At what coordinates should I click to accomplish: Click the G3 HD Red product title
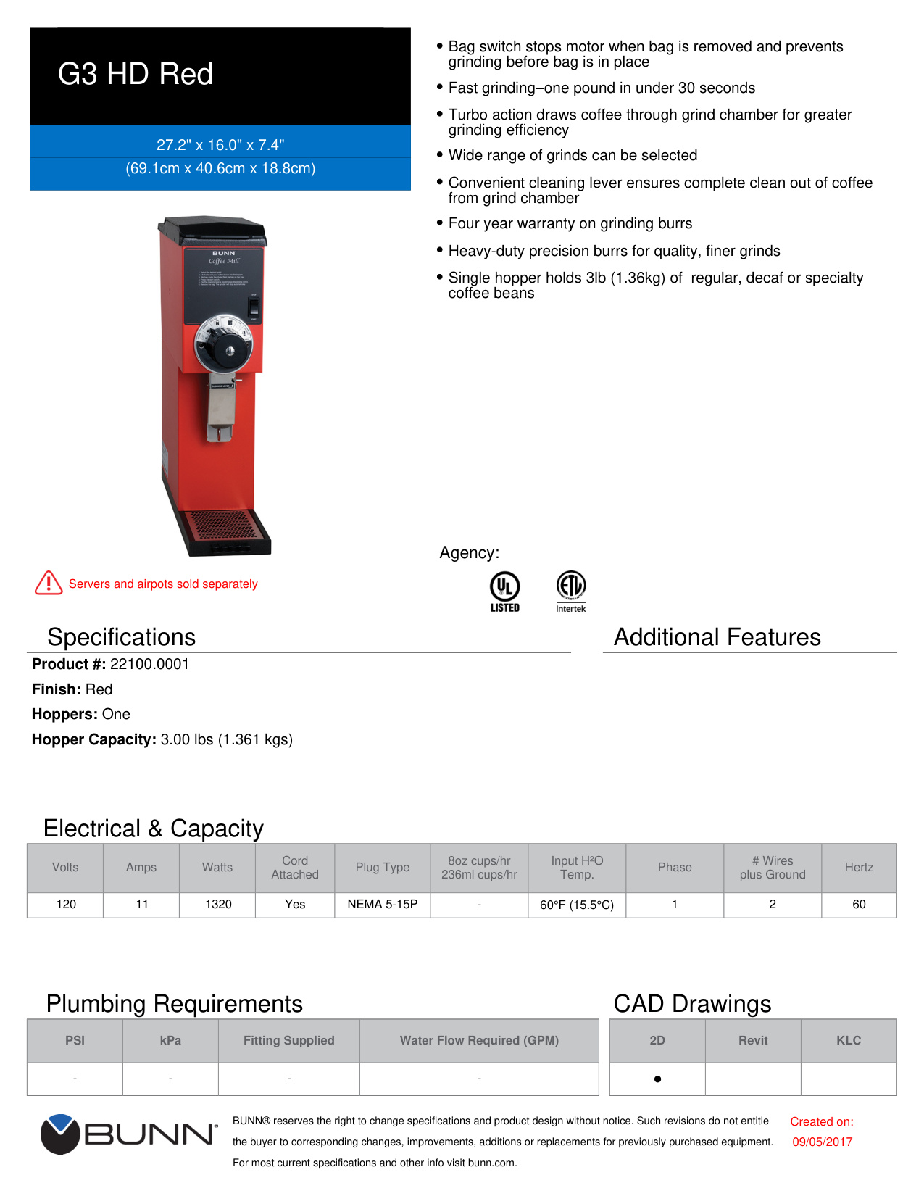tap(136, 74)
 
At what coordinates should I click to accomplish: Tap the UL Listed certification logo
tap(504, 591)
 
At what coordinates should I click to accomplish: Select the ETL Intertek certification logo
tap(571, 590)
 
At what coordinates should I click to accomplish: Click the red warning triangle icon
tap(49, 583)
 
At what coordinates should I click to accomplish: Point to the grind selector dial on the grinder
tap(224, 344)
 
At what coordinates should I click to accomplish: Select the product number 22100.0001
tap(149, 664)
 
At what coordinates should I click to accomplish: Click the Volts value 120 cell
tap(66, 904)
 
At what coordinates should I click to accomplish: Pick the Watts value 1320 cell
tap(218, 904)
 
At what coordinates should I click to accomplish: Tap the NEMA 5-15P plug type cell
tap(382, 904)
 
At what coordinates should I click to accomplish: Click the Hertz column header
tap(859, 867)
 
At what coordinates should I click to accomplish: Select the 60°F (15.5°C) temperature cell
tap(577, 905)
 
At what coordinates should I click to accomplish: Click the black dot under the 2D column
tap(657, 1079)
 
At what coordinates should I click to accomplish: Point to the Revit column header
tap(753, 1040)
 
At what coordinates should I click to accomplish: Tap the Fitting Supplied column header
tap(288, 1040)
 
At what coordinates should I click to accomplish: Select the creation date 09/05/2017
tap(822, 1142)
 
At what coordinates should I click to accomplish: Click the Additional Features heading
tap(717, 637)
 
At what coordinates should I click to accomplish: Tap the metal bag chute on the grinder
tap(221, 407)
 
